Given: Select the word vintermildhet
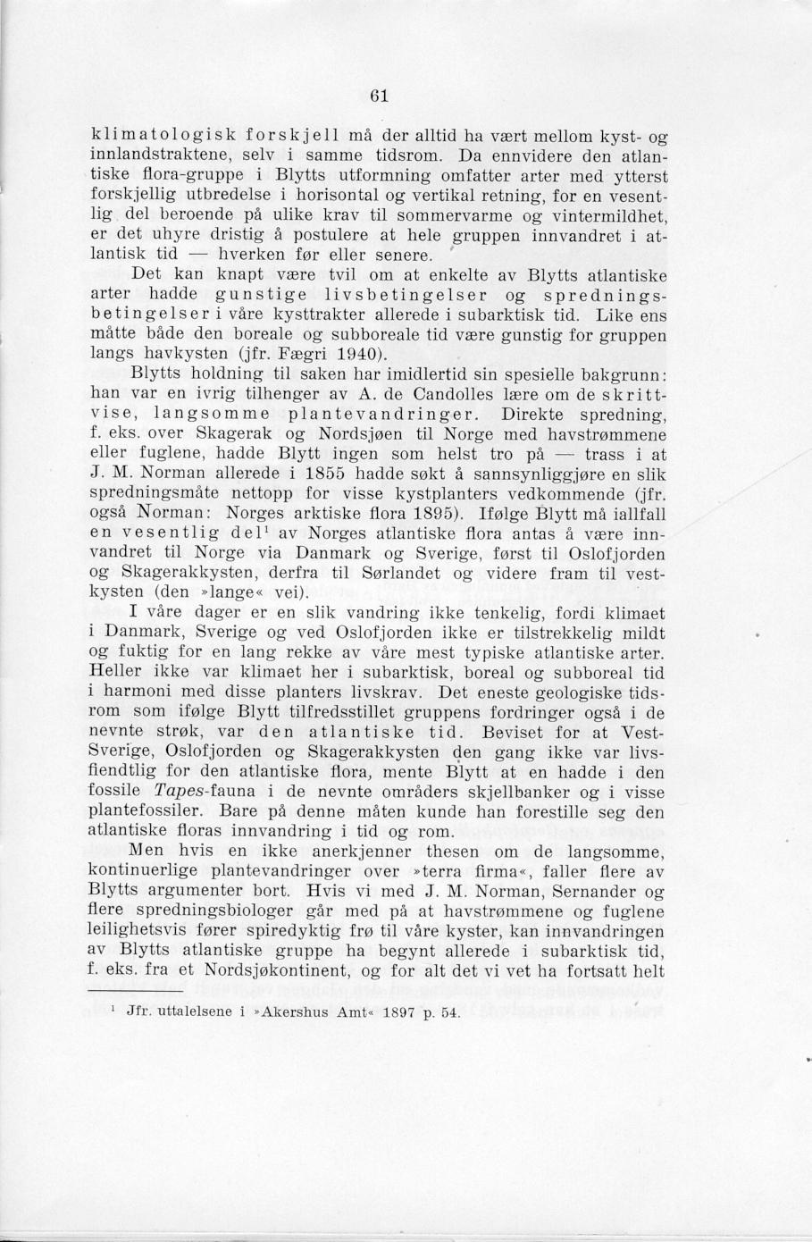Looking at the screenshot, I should point(610,216).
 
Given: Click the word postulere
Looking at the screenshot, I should point(296,236).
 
